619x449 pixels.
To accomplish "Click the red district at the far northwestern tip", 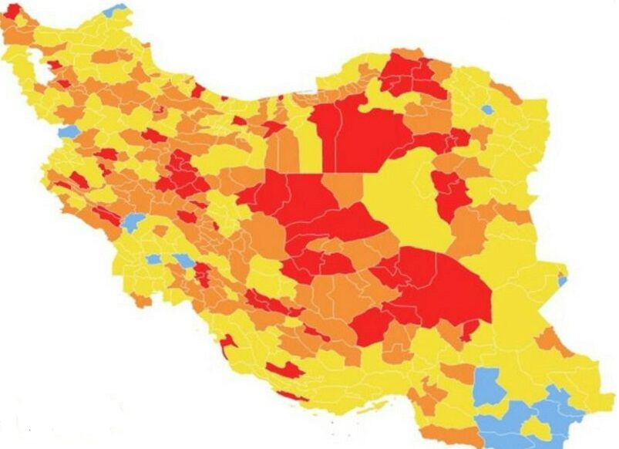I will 12,11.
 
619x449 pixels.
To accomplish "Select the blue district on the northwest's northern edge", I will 116,10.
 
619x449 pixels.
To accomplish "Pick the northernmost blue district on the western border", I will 68,132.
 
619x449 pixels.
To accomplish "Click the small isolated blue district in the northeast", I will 486,110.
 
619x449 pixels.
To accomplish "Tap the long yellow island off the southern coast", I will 368,407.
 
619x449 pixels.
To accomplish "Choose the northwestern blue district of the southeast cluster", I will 489,386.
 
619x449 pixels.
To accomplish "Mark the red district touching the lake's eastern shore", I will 54,66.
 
